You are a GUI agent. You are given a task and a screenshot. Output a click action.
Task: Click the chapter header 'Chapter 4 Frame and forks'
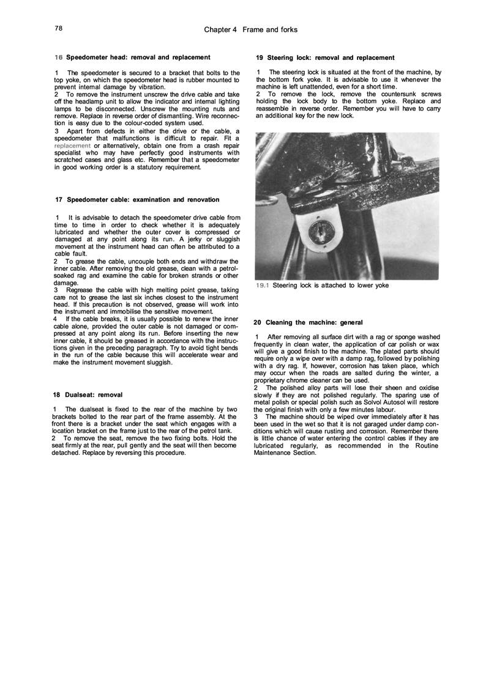[250, 29]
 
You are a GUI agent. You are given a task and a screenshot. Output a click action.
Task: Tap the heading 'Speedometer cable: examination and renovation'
[143, 199]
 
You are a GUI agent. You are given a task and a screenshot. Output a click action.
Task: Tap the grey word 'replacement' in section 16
[73, 146]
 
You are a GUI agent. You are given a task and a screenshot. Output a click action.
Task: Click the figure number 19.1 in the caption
[263, 285]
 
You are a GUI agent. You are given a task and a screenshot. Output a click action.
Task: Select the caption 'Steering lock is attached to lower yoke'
[331, 285]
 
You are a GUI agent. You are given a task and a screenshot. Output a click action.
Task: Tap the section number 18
[56, 394]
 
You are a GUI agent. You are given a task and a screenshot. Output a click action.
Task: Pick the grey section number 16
[58, 57]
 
